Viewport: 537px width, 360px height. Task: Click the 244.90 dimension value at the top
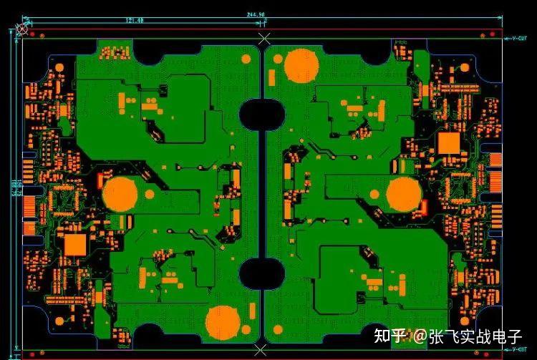pyautogui.click(x=256, y=14)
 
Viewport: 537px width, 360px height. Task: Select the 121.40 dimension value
pyautogui.click(x=135, y=20)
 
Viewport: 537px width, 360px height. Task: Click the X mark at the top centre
pyautogui.click(x=264, y=38)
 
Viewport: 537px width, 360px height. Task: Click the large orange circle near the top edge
pyautogui.click(x=301, y=65)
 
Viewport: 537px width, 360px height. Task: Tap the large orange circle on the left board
pyautogui.click(x=120, y=194)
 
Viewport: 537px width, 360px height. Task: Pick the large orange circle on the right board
pyautogui.click(x=405, y=194)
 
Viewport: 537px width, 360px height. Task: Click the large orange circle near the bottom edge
pyautogui.click(x=223, y=323)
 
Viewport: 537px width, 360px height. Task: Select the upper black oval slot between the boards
pyautogui.click(x=261, y=115)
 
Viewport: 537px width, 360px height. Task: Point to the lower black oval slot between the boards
pyautogui.click(x=261, y=273)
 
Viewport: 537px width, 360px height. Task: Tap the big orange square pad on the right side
pyautogui.click(x=449, y=143)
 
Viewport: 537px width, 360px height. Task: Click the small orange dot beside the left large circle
pyautogui.click(x=150, y=193)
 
